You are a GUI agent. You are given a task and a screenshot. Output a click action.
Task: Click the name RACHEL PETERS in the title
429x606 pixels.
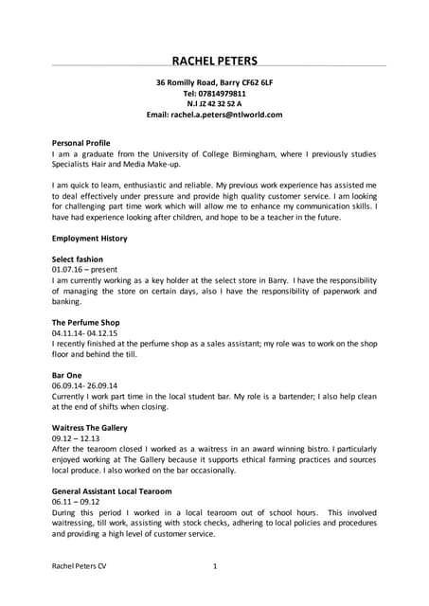pyautogui.click(x=214, y=61)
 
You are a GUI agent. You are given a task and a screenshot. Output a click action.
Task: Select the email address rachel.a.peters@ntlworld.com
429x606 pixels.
pyautogui.click(x=215, y=114)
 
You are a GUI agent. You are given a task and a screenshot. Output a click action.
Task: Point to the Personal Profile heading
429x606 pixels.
pyautogui.click(x=80, y=142)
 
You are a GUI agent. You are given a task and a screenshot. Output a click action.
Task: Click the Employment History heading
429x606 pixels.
pyautogui.click(x=89, y=239)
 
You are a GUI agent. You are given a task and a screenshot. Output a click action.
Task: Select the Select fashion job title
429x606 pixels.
pyautogui.click(x=78, y=259)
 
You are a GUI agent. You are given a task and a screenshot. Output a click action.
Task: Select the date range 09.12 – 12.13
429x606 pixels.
pyautogui.click(x=76, y=439)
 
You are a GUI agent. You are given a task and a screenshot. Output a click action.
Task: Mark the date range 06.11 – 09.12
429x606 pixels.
pyautogui.click(x=76, y=503)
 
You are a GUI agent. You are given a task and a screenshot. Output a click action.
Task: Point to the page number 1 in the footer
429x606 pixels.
pyautogui.click(x=215, y=566)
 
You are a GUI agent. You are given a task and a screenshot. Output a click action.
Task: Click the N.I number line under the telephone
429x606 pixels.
pyautogui.click(x=215, y=103)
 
